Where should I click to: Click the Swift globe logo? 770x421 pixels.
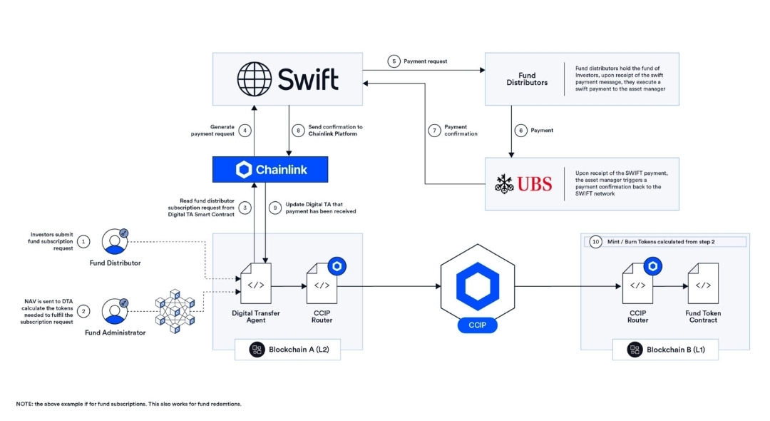click(254, 79)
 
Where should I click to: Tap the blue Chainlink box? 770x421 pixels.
click(270, 170)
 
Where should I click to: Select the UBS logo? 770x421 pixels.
click(523, 184)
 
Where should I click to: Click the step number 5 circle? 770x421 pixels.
click(394, 61)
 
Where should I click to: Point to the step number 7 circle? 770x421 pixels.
click(434, 131)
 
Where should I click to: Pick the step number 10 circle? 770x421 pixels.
click(595, 242)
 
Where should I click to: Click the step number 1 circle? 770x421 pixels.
click(83, 242)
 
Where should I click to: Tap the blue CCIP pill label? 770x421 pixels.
click(477, 325)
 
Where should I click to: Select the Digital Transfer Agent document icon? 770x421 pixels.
click(256, 283)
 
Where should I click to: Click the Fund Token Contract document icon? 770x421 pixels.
click(703, 283)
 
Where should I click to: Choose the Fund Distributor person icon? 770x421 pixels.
click(115, 241)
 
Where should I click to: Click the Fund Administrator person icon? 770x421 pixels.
click(115, 311)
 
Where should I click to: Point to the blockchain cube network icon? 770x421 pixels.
click(175, 311)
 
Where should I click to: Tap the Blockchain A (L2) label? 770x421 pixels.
click(288, 350)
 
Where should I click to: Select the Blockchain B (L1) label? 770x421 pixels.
click(665, 350)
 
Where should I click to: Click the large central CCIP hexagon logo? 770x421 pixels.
click(478, 285)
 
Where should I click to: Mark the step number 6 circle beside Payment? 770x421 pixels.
click(520, 131)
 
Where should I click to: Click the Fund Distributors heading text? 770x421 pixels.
click(527, 79)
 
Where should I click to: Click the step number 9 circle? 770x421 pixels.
click(275, 208)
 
